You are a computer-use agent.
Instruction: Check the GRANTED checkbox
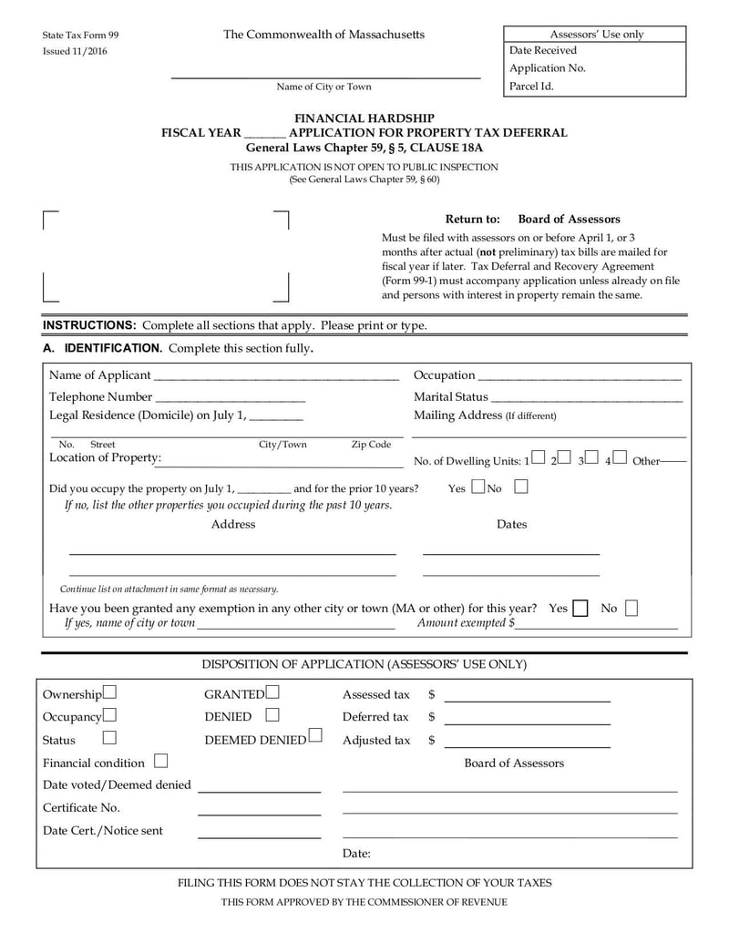coord(273,693)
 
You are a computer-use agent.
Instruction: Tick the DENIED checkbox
coord(272,716)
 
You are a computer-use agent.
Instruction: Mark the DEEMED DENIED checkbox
coord(315,734)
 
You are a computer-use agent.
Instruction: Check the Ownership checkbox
coord(109,693)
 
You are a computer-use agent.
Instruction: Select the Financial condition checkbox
coord(161,760)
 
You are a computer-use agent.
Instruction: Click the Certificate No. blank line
coord(259,814)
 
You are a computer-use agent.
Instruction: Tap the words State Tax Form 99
coord(80,35)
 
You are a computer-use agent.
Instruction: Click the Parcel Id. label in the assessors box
coord(531,87)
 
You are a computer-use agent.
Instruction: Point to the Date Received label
coord(543,51)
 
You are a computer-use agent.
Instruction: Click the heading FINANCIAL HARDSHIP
coord(364,118)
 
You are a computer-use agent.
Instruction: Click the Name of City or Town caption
coord(324,87)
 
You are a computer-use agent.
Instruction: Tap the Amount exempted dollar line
coord(597,628)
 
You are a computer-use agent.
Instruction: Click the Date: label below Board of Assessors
coord(356,854)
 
